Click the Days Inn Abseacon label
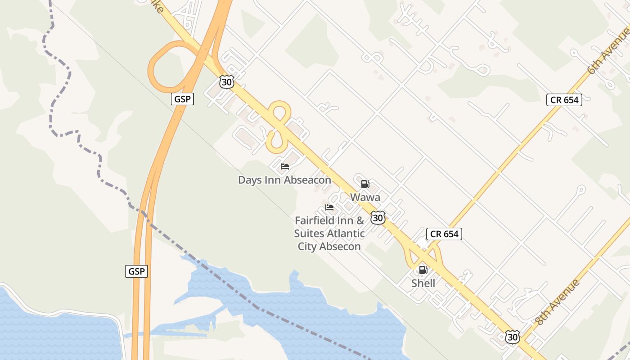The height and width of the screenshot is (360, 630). click(x=284, y=180)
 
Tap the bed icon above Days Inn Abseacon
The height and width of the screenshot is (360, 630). click(x=285, y=166)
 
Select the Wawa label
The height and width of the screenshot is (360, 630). click(x=365, y=197)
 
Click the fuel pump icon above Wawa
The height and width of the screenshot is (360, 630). click(x=365, y=184)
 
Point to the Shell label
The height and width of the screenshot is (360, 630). click(x=423, y=283)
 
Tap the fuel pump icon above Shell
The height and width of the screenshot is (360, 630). click(x=423, y=270)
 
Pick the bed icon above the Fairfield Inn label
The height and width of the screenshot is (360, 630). click(x=329, y=207)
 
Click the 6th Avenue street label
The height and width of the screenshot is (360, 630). click(x=607, y=50)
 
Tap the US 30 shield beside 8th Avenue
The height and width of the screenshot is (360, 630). click(x=512, y=337)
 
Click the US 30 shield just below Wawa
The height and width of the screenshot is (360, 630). click(x=378, y=218)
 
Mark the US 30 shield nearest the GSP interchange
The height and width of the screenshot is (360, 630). click(x=227, y=82)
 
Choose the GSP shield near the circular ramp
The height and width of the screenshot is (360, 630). click(x=182, y=99)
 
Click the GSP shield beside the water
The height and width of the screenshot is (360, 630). click(x=136, y=271)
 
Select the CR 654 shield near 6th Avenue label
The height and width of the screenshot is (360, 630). click(x=564, y=99)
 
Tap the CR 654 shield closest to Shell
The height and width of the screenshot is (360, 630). click(x=444, y=234)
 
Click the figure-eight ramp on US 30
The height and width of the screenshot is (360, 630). click(x=278, y=127)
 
